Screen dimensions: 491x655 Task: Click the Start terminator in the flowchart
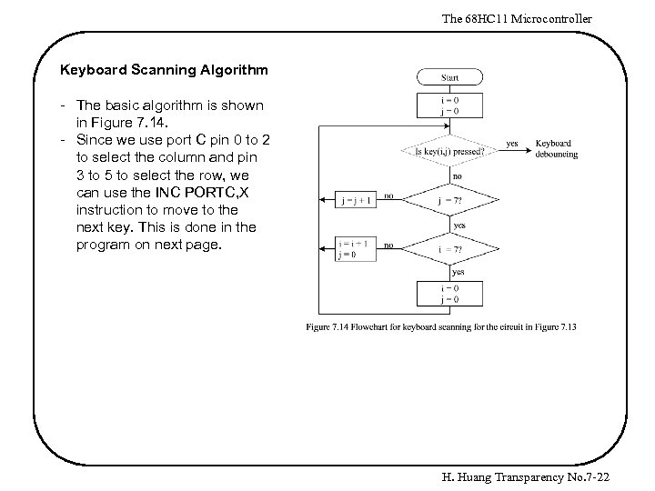[449, 78]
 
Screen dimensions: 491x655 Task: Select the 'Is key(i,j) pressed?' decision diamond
[449, 151]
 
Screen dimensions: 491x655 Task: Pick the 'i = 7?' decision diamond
[449, 248]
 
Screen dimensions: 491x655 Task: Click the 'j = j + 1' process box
[356, 200]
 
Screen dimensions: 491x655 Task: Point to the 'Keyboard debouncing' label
[555, 149]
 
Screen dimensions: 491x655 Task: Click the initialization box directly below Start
[449, 105]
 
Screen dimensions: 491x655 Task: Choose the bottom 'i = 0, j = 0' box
[449, 294]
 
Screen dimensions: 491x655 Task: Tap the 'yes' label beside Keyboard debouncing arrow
[512, 143]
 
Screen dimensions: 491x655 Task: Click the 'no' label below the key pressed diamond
[457, 175]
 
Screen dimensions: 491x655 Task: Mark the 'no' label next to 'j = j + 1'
[388, 195]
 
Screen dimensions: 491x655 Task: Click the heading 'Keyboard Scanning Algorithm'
[163, 68]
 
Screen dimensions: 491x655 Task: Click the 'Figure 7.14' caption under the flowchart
[441, 326]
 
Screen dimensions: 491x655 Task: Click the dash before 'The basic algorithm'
[62, 105]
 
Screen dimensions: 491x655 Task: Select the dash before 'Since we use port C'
[62, 140]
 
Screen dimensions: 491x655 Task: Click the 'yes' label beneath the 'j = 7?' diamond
[459, 225]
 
